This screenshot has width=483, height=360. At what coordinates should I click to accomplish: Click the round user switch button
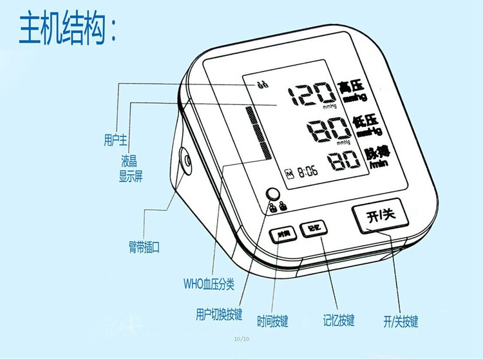click(x=274, y=194)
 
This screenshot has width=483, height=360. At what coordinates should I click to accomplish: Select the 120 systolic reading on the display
click(x=310, y=96)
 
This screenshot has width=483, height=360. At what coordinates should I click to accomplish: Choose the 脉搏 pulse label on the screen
click(x=376, y=157)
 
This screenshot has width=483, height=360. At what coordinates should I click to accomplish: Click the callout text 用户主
click(x=116, y=138)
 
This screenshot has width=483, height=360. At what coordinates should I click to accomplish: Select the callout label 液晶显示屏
click(x=129, y=167)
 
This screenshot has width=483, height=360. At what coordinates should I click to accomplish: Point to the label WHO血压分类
click(x=209, y=283)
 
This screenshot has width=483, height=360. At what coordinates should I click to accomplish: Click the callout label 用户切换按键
click(x=219, y=315)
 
